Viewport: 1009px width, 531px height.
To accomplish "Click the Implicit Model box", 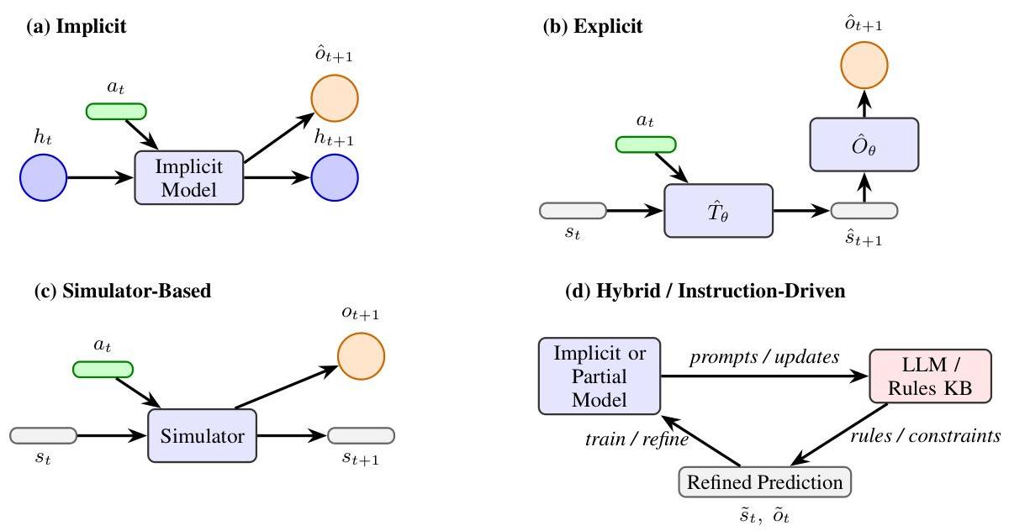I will click(x=189, y=177).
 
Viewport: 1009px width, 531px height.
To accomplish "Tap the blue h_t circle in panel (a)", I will click(x=43, y=177).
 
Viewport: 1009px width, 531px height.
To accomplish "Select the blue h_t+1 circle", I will click(x=335, y=177).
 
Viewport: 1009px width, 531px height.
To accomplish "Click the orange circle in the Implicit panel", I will click(x=335, y=98).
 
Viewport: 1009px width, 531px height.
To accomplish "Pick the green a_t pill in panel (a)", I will click(x=116, y=111).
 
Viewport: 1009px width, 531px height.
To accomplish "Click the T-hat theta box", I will click(x=718, y=210).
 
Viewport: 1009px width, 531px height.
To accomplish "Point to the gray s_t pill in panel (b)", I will click(x=573, y=210).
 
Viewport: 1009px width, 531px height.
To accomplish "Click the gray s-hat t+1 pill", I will click(x=864, y=210).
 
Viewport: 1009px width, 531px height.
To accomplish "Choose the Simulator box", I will click(x=202, y=436).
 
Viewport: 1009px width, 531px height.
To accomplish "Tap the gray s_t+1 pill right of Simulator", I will click(x=362, y=435).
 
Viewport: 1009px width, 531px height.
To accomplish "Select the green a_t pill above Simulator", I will click(x=103, y=369).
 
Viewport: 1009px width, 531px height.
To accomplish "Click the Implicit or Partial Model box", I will click(x=600, y=376).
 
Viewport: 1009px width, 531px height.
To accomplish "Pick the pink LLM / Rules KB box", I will click(x=931, y=376).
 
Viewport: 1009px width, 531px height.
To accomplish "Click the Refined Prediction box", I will click(x=764, y=482).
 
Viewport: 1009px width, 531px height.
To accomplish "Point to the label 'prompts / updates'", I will click(x=764, y=357).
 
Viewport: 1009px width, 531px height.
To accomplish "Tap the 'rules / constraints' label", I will click(x=924, y=436).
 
